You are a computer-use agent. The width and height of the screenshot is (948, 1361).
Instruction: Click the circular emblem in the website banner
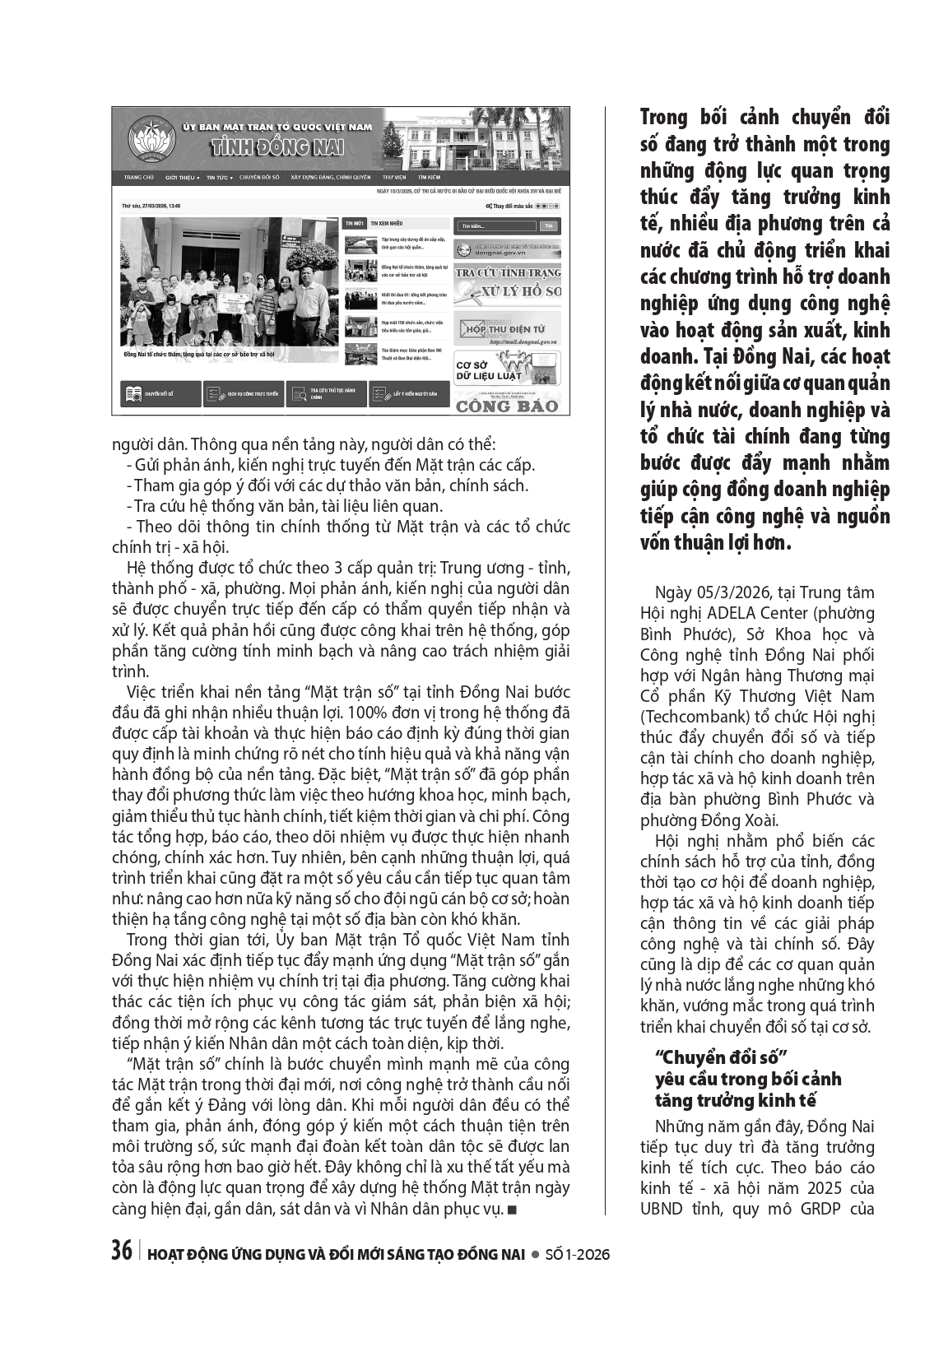pyautogui.click(x=146, y=136)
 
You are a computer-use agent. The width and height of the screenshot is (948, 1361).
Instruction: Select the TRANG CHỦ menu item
pyautogui.click(x=139, y=177)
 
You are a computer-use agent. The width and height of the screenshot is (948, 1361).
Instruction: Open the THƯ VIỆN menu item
pyautogui.click(x=394, y=177)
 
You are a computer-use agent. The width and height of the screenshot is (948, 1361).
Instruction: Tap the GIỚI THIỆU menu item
pyautogui.click(x=182, y=177)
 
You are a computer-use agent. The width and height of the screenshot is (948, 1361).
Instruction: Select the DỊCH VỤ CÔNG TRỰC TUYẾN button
pyautogui.click(x=244, y=395)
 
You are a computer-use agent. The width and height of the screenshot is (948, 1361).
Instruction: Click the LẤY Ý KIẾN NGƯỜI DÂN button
pyautogui.click(x=409, y=395)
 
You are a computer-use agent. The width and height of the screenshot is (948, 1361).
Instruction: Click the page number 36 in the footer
pyautogui.click(x=122, y=1252)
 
